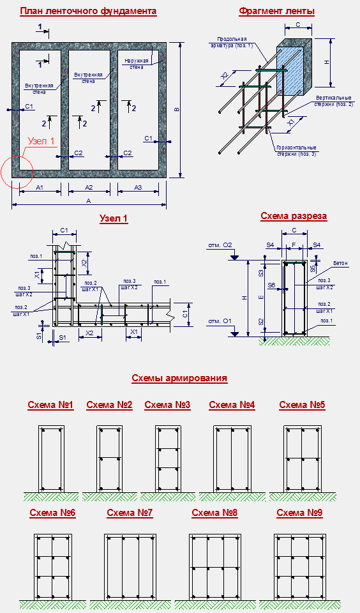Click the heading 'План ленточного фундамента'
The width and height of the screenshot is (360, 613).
coord(88,11)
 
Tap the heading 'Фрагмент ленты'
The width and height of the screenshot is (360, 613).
coord(277,11)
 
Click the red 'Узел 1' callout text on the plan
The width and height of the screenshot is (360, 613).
coord(40,141)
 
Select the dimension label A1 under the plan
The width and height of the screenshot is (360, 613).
coord(40,188)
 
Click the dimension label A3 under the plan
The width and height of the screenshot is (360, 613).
coord(138,188)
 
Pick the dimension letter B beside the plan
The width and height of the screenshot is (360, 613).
coord(176,110)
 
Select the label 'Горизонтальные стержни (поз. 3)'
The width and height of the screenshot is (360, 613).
coord(296,151)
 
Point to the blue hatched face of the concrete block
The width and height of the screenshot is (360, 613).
coord(290,71)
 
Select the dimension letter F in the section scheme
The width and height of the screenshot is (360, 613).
coord(294,245)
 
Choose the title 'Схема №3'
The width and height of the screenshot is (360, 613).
coord(167,405)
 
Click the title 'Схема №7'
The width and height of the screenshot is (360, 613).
coord(130,513)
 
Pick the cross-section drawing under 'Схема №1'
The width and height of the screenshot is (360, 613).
coord(51,459)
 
